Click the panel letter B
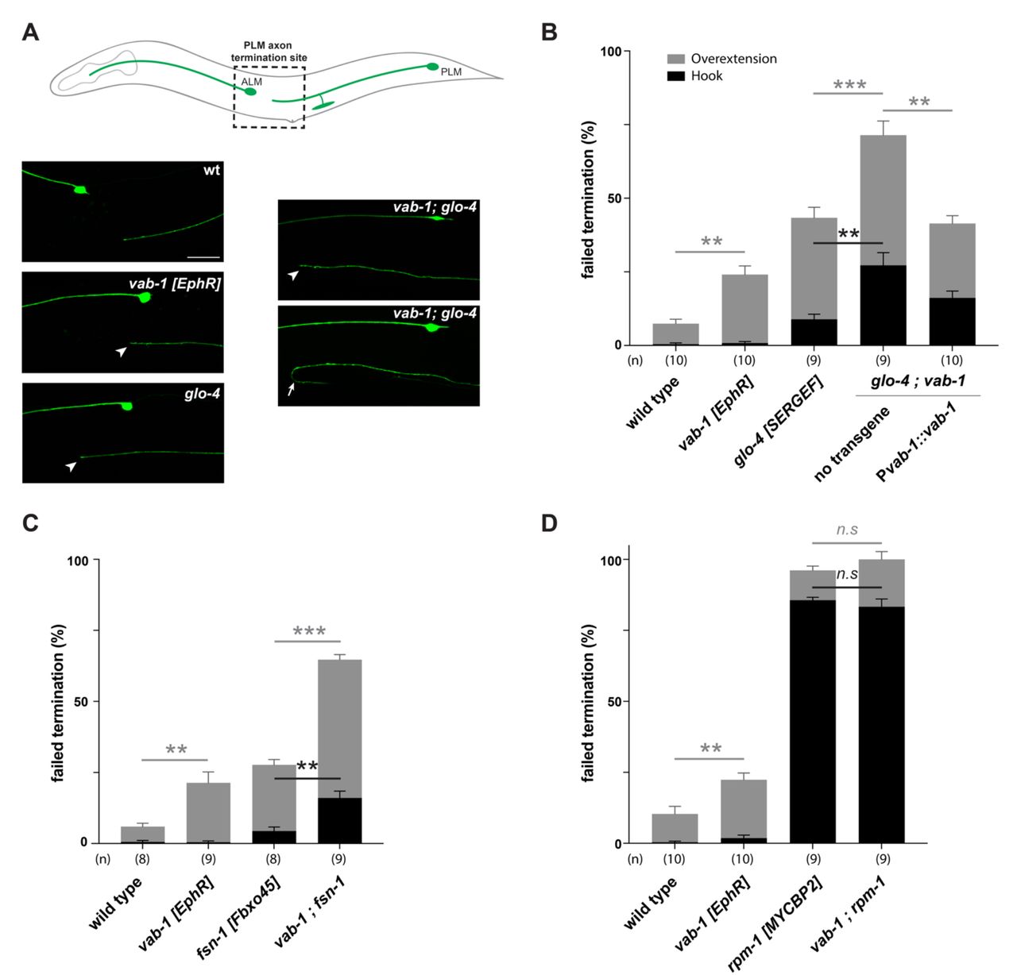point(549,33)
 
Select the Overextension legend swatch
point(676,59)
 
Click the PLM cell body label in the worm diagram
point(450,71)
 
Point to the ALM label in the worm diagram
point(251,82)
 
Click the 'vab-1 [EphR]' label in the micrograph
point(174,283)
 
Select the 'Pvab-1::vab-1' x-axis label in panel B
point(916,441)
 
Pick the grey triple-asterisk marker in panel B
point(849,85)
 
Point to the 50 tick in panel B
point(611,198)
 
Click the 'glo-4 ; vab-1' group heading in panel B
point(918,381)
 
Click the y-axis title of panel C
point(58,703)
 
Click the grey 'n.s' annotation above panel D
point(847,530)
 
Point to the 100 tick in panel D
point(609,560)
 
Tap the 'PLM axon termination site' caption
point(269,52)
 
